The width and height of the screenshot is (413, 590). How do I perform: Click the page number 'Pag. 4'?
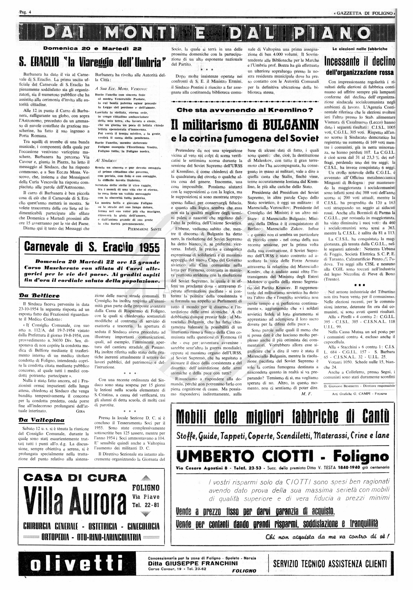coord(25,12)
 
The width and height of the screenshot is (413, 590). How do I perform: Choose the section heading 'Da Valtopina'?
coord(41,420)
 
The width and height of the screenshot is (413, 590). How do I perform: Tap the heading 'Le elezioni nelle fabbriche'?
coord(360,49)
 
